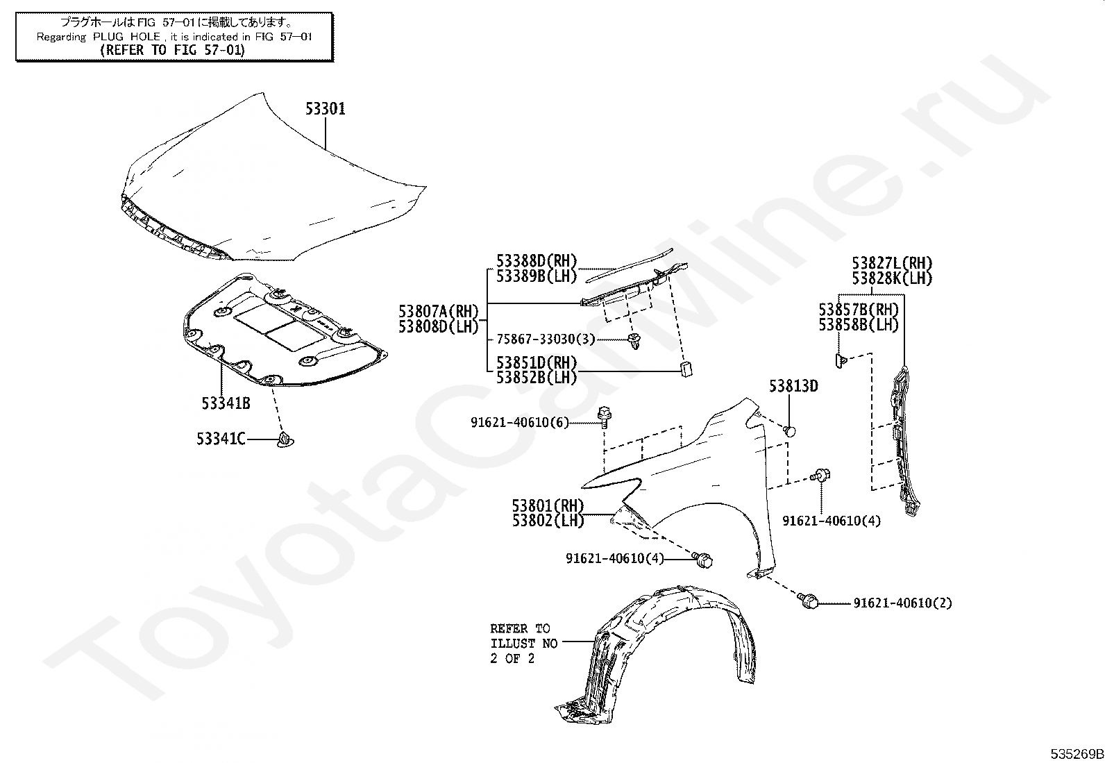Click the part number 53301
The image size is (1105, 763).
[x=326, y=109]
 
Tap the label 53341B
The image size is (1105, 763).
[x=226, y=403]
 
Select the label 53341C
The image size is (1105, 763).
[x=221, y=439]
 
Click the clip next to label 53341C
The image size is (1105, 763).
[x=285, y=439]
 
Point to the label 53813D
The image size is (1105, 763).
[x=793, y=387]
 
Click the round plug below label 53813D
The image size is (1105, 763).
[x=789, y=431]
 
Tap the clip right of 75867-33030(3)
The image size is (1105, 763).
[x=633, y=339]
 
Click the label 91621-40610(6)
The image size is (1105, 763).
[x=520, y=421]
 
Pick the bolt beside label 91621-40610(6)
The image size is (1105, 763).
[x=603, y=415]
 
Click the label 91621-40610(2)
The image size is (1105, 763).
[x=902, y=603]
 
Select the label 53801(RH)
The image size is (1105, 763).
[x=548, y=505]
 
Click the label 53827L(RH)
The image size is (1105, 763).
[x=892, y=264]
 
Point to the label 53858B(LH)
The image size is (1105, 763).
[x=858, y=324]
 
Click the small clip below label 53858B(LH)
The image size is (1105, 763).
[x=839, y=360]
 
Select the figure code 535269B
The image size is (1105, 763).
[x=1076, y=754]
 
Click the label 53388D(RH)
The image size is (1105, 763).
[x=537, y=261]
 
